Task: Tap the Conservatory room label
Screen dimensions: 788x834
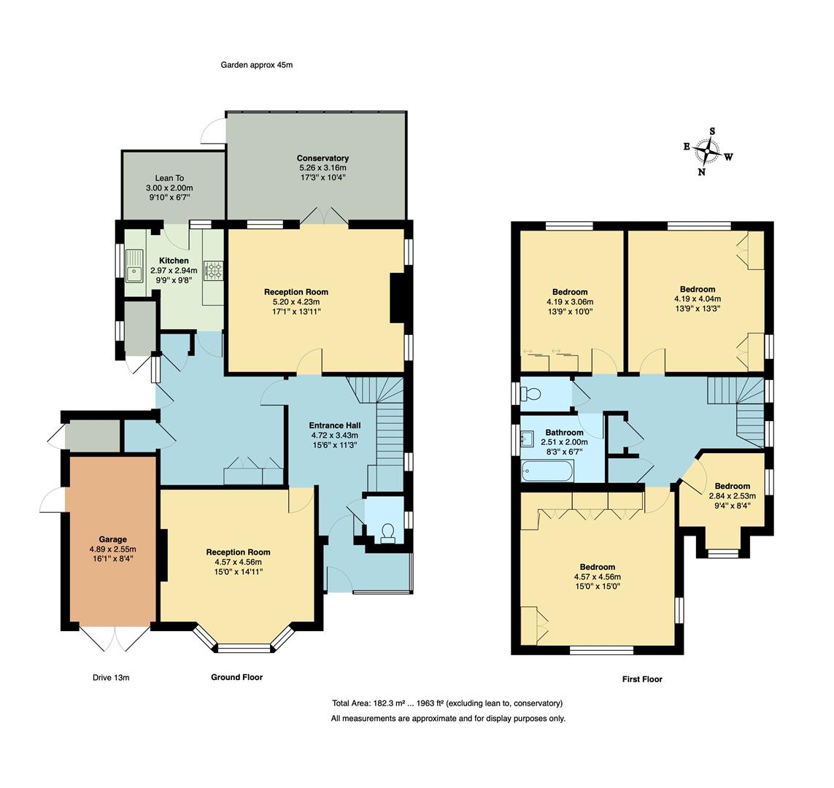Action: click(x=323, y=158)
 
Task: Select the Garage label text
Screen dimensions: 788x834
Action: click(x=113, y=540)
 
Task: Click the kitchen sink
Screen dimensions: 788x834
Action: click(x=135, y=266)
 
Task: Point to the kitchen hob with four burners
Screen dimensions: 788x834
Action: click(x=213, y=271)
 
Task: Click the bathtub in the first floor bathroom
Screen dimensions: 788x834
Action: click(x=548, y=471)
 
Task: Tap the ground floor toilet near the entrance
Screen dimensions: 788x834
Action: click(x=388, y=532)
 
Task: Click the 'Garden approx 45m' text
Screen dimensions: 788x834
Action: click(x=257, y=65)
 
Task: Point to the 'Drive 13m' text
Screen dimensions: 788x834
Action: click(x=111, y=678)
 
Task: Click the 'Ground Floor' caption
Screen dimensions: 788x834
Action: click(x=236, y=678)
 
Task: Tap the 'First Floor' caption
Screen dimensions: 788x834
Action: click(x=642, y=679)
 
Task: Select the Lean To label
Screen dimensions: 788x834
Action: click(x=169, y=178)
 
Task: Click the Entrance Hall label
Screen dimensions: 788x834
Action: click(x=334, y=425)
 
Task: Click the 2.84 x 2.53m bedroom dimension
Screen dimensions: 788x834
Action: click(x=732, y=496)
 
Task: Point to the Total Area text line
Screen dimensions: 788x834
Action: click(x=447, y=703)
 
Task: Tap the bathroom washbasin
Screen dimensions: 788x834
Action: click(x=528, y=439)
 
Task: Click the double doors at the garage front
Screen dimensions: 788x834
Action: click(x=115, y=639)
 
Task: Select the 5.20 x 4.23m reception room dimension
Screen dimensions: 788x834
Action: click(x=296, y=301)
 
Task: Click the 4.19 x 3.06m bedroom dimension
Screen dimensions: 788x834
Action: click(x=570, y=301)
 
